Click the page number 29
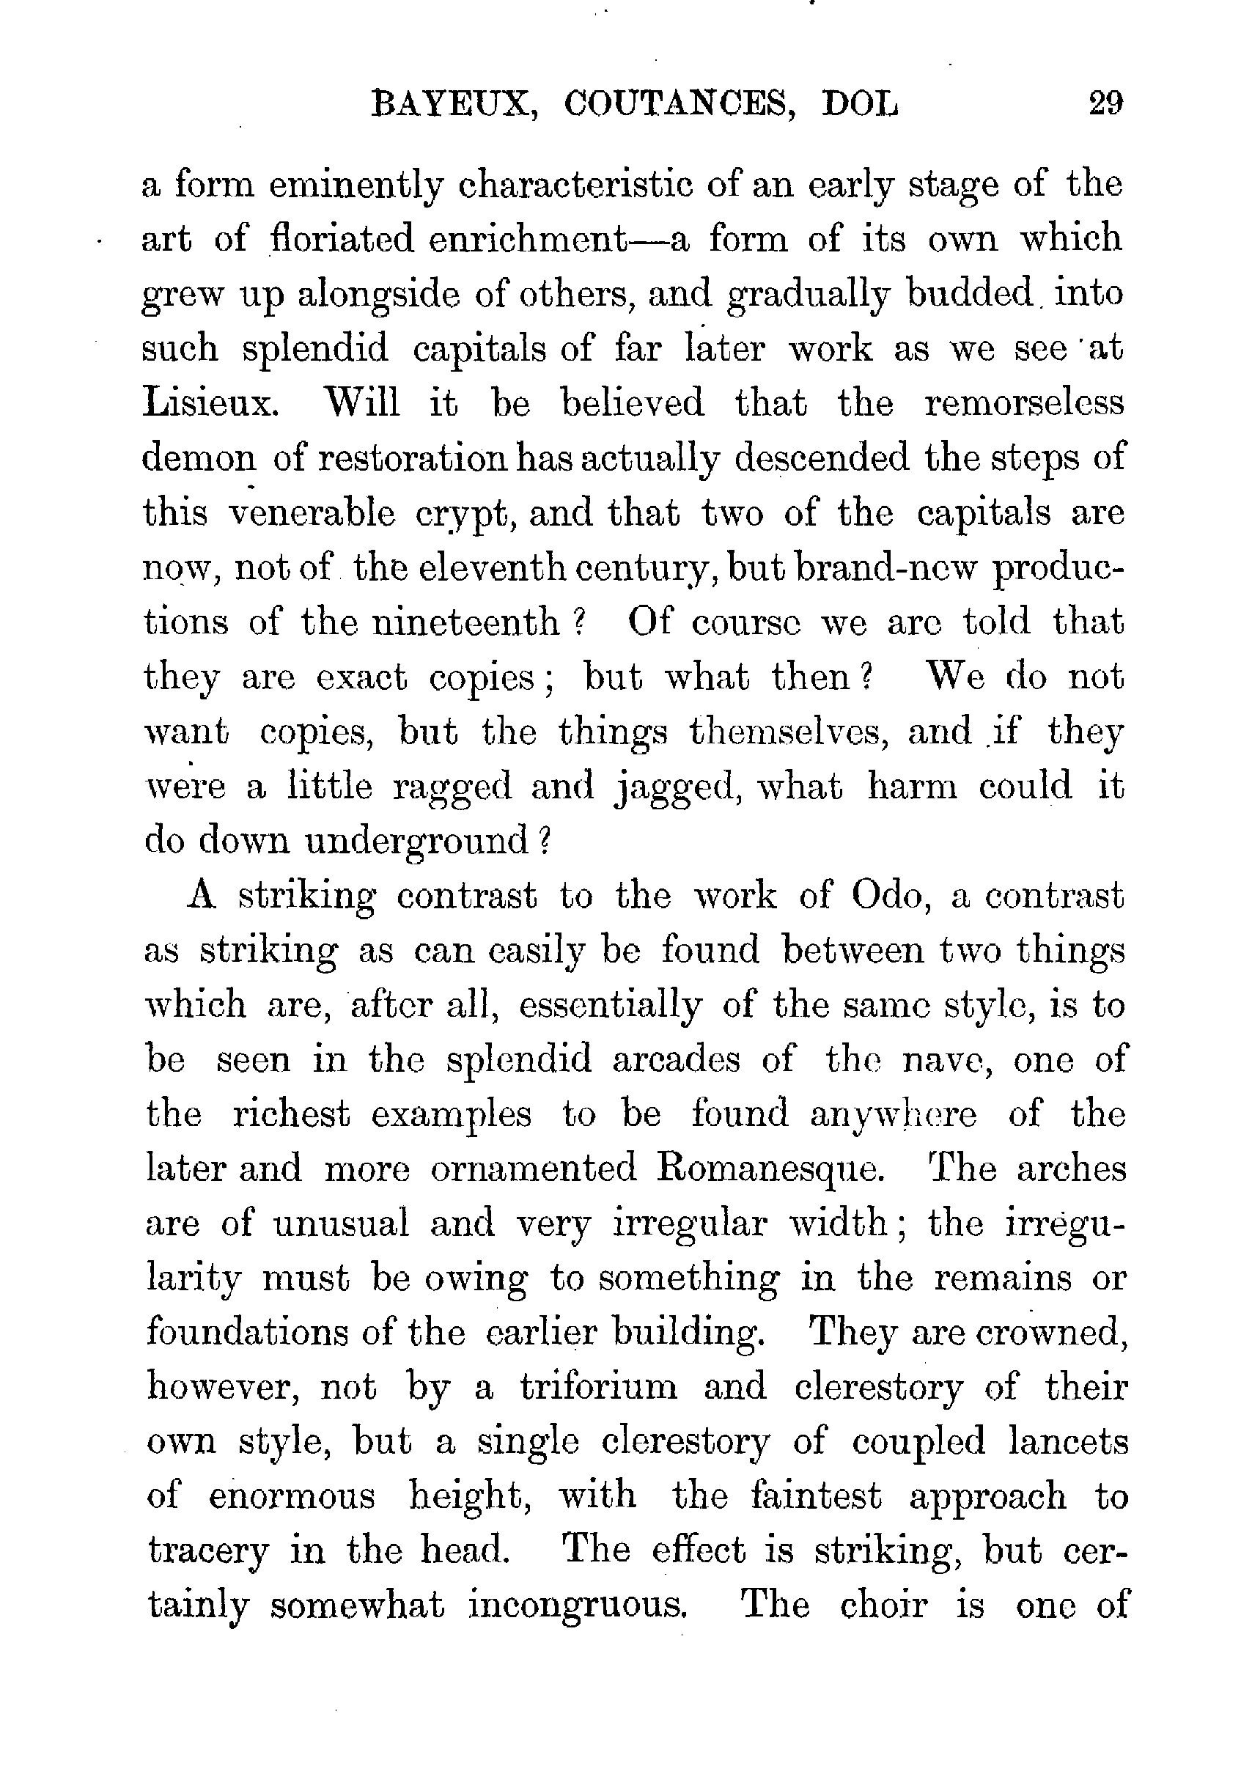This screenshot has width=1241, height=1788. pyautogui.click(x=1105, y=103)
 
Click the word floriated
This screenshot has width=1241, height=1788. pyautogui.click(x=342, y=239)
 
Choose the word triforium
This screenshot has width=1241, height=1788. pyautogui.click(x=599, y=1388)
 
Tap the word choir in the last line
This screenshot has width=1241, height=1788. pyautogui.click(x=883, y=1606)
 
